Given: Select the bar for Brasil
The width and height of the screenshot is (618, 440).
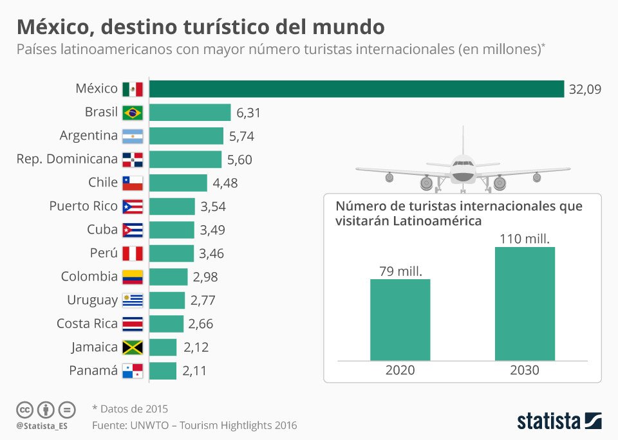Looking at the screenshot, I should pos(190,113).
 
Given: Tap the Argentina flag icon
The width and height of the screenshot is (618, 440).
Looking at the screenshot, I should pos(133,136).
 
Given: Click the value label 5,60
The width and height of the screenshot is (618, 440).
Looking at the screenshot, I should pos(241,160).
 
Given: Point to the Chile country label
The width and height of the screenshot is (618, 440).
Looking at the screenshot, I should pos(103,183).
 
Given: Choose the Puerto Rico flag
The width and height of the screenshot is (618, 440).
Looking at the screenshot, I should pos(133,206).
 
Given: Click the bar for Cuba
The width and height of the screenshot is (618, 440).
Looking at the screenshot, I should pos(172,230).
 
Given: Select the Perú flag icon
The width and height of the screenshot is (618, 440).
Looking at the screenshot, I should pos(133,253).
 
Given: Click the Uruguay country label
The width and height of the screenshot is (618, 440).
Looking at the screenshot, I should pos(93,300).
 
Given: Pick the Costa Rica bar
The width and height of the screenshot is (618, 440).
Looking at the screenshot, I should pos(167,324).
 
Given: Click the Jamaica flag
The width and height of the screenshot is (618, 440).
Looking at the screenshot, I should pos(133,347).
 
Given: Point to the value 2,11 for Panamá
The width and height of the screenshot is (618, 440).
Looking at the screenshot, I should pos(196,371).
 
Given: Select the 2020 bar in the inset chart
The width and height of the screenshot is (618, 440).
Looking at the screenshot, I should pos(400,320).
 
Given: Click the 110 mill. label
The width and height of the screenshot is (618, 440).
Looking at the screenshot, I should pos(525,239).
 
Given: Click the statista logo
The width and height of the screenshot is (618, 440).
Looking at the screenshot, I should pos(559,421).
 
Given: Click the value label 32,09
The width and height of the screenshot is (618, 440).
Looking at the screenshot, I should pos(585,89).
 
